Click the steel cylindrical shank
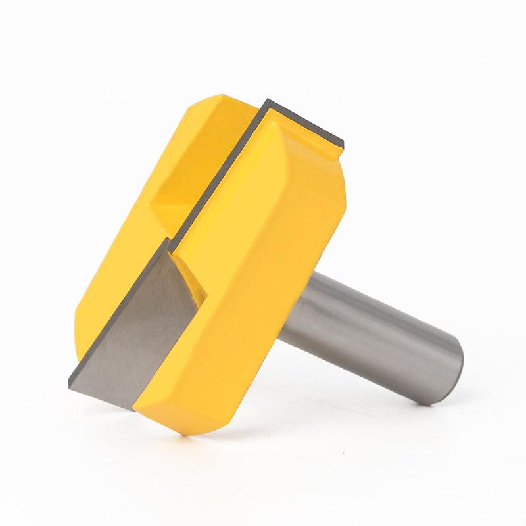pyautogui.click(x=368, y=329)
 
